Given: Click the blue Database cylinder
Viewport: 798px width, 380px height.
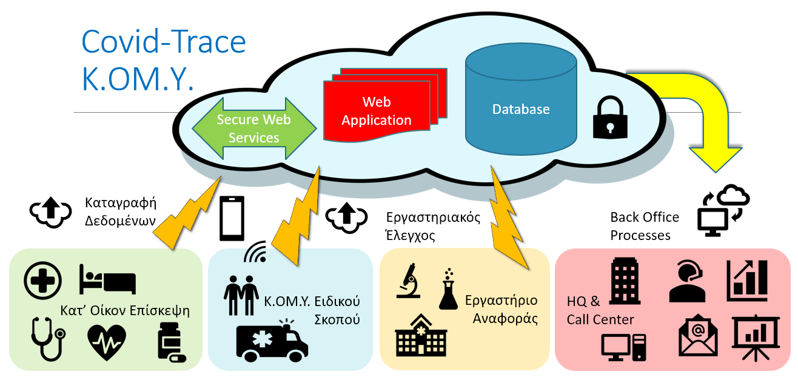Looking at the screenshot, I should point(520,110).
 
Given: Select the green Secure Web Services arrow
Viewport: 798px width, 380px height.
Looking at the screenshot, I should point(254,128).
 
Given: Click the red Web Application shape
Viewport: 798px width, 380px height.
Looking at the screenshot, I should point(376,110).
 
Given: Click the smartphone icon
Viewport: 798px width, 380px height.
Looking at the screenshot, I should point(232,218).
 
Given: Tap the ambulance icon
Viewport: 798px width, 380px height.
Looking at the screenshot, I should point(271,343).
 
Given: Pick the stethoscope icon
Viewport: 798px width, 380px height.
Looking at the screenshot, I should point(47,339).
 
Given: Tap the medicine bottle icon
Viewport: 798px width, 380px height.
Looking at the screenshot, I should point(169,342).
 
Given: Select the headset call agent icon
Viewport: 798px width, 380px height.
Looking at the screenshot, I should point(687,281).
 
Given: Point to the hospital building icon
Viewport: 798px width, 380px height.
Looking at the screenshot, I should point(420,334).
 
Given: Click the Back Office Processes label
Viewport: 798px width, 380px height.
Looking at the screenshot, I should point(645,226).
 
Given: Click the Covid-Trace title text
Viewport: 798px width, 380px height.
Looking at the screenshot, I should point(164,42).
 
